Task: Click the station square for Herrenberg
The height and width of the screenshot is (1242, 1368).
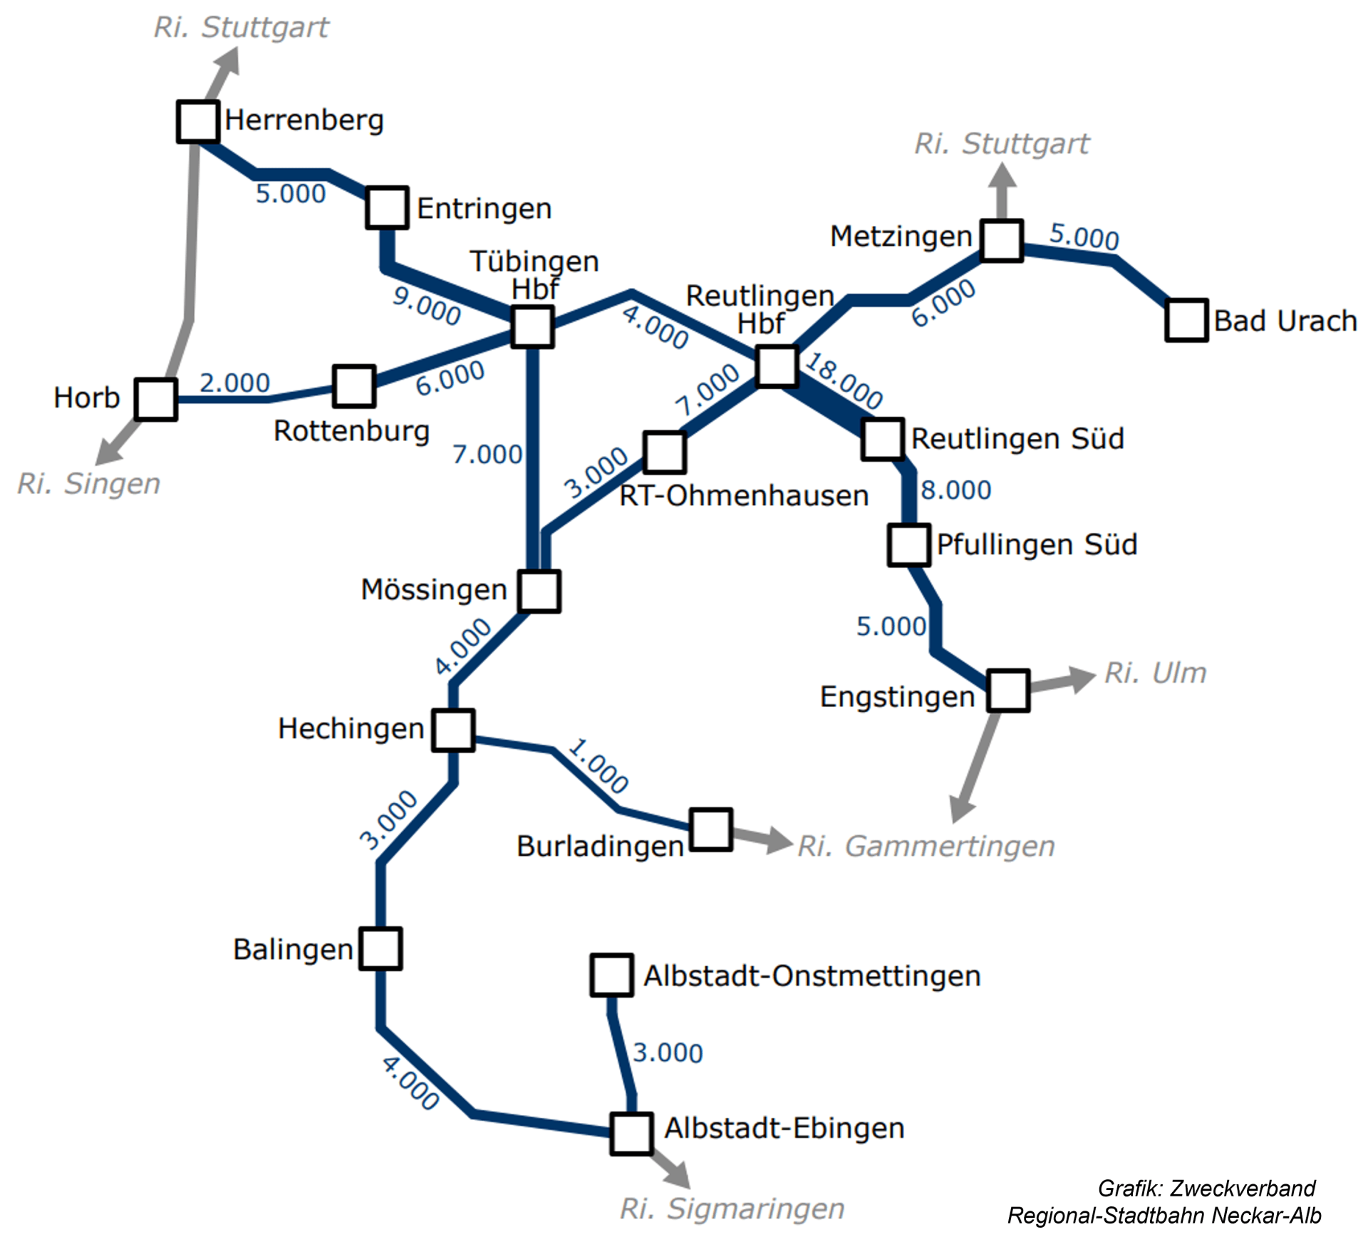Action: [x=197, y=121]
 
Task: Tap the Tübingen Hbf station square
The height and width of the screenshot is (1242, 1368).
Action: [x=532, y=327]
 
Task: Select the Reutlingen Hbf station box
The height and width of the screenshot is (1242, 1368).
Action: [x=777, y=367]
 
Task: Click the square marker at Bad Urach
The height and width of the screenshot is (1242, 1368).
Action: [x=1186, y=320]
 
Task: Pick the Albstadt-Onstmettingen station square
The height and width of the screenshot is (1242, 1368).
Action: [x=611, y=975]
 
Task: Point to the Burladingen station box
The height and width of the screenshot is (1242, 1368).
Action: [x=711, y=829]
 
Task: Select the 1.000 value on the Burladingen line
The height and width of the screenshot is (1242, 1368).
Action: [x=598, y=766]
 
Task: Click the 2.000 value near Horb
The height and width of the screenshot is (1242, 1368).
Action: [x=234, y=383]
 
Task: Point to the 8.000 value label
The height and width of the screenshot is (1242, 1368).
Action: [x=956, y=490]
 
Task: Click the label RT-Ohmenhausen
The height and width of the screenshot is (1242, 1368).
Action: [x=744, y=495]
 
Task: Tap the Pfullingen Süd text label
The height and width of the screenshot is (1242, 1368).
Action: [x=1037, y=544]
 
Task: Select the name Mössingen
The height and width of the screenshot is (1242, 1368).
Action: [x=434, y=589]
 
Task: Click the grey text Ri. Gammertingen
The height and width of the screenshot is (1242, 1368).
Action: [x=926, y=847]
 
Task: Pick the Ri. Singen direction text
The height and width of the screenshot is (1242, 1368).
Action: [x=89, y=484]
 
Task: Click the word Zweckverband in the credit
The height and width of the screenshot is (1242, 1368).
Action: [x=1243, y=1189]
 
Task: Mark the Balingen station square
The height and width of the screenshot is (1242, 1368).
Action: [x=380, y=948]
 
